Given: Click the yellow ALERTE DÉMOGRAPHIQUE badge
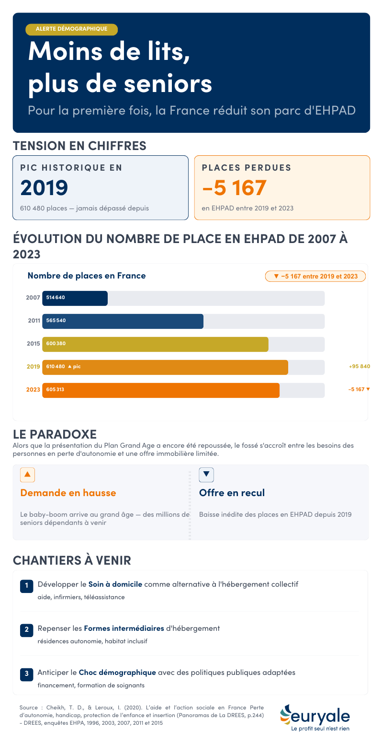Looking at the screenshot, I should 71,29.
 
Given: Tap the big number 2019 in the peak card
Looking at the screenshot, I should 44,188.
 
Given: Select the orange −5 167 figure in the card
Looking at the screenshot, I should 234,188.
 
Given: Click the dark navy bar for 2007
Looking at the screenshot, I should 75,298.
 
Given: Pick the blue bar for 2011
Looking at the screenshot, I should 123,321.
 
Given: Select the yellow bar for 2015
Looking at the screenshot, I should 155,344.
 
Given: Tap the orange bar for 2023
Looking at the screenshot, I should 161,390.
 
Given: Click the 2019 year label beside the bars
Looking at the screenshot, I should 33,367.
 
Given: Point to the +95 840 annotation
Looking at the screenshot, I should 360,367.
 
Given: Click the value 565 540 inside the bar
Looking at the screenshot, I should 56,321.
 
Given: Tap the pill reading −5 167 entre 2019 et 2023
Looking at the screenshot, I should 315,277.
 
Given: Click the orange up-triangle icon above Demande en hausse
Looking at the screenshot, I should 27,475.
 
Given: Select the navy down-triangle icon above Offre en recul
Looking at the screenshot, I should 206,475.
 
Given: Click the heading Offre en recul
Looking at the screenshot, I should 232,493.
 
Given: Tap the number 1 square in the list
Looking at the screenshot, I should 26,585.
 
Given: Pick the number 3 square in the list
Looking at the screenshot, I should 26,673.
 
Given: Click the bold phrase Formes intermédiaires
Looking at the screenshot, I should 124,628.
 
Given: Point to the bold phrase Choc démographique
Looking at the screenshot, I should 117,673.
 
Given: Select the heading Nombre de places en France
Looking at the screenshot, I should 87,276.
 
